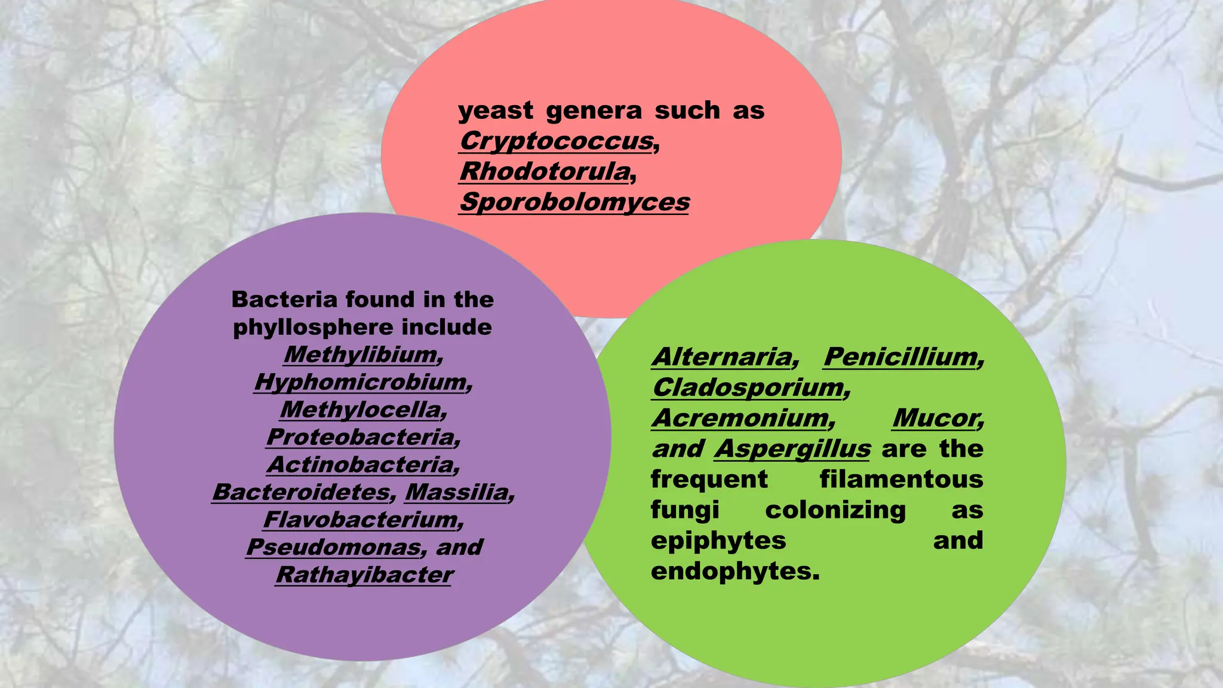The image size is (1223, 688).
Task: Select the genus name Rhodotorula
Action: [545, 172]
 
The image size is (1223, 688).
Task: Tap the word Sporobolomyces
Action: [574, 202]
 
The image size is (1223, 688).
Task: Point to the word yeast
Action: [496, 111]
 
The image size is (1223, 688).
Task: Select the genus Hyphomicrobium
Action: [360, 382]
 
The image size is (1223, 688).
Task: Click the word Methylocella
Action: [361, 410]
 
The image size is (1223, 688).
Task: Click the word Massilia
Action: [457, 492]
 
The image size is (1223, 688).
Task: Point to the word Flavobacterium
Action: [361, 520]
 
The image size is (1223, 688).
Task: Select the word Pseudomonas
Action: [333, 547]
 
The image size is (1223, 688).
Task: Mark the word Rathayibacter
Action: [364, 575]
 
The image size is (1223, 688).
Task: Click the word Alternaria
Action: [722, 357]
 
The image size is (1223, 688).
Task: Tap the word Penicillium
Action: [901, 357]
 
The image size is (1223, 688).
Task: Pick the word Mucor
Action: [935, 418]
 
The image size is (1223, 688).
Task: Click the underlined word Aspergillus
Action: [792, 449]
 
